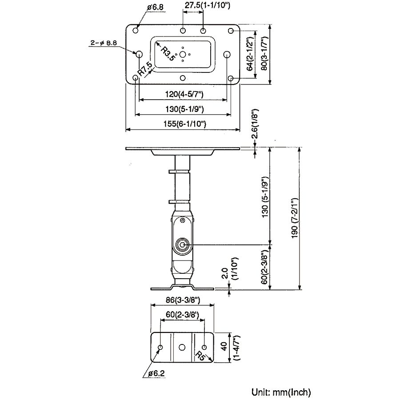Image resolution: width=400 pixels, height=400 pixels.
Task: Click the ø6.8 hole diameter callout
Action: point(156,7)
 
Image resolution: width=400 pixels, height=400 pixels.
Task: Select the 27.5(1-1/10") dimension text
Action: point(207,5)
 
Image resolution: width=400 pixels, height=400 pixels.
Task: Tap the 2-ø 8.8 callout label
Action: point(104,43)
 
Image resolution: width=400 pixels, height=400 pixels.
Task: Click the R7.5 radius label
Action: point(145,69)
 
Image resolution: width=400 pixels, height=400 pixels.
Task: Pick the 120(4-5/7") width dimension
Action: point(184,94)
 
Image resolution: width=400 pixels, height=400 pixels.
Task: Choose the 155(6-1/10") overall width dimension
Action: point(185,124)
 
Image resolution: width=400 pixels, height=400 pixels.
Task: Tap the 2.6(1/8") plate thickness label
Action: point(255,124)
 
